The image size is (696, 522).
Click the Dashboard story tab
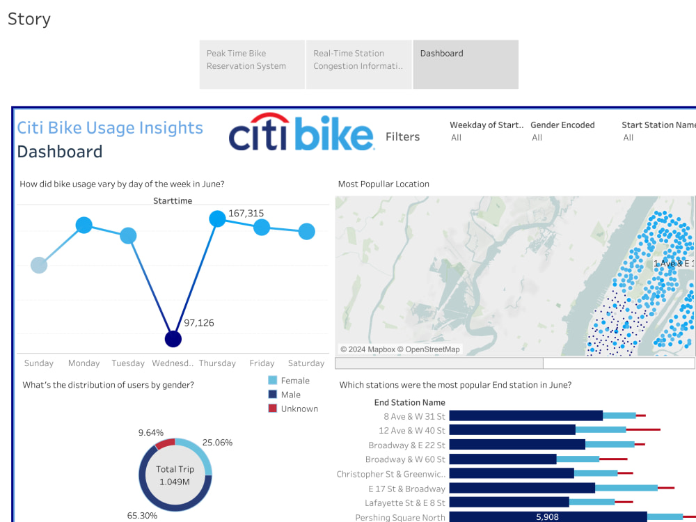click(x=465, y=64)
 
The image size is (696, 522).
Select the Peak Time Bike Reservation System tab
click(x=252, y=64)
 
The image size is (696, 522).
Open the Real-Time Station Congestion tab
click(x=358, y=64)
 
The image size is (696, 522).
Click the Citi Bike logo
click(x=301, y=133)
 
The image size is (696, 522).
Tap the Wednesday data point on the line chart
click(x=173, y=339)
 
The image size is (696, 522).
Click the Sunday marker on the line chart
click(x=39, y=265)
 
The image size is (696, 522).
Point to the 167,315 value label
click(x=246, y=214)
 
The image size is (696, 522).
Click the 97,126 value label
click(x=198, y=323)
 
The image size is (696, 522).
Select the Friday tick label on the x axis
click(x=262, y=363)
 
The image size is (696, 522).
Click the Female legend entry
click(x=294, y=381)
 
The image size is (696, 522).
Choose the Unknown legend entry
click(x=299, y=409)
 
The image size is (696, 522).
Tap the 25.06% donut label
click(x=216, y=443)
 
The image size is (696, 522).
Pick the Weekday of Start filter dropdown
click(x=485, y=138)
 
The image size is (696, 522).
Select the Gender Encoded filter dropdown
click(x=562, y=138)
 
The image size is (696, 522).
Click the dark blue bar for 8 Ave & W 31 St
click(x=525, y=416)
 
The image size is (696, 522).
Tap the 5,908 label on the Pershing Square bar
click(x=547, y=517)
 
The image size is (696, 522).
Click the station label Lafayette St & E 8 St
click(x=404, y=503)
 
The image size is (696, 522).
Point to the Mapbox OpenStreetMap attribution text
click(x=400, y=349)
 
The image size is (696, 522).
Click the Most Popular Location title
click(x=383, y=184)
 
